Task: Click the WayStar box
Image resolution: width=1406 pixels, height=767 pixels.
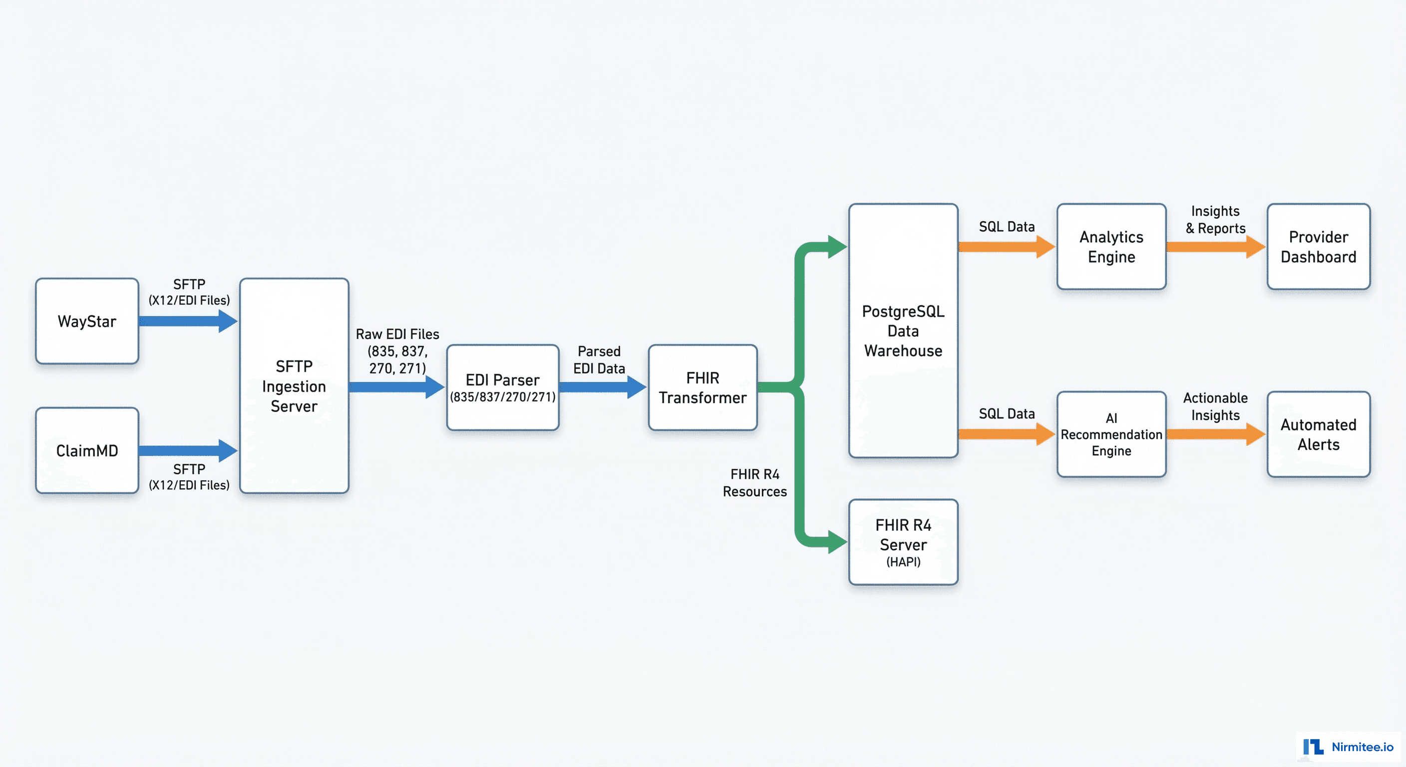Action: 87,321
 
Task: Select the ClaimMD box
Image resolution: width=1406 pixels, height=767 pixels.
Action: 87,450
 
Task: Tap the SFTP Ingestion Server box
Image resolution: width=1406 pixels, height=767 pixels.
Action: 294,386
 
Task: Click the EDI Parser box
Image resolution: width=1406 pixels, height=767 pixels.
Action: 502,387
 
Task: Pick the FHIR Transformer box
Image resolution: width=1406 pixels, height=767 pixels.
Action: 703,387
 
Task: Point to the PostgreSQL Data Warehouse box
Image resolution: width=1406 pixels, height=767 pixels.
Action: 903,331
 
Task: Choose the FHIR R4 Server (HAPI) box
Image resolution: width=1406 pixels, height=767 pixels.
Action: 903,542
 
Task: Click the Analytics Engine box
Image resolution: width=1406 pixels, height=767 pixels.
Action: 1111,247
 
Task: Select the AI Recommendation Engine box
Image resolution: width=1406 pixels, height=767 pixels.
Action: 1111,434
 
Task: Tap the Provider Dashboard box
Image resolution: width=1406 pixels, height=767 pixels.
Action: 1318,247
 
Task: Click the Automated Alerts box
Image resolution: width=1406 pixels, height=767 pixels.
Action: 1318,434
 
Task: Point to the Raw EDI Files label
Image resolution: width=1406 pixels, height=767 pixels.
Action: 397,351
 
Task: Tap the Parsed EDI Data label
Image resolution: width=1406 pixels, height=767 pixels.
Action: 599,359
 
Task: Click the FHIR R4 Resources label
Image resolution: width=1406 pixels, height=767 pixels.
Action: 754,482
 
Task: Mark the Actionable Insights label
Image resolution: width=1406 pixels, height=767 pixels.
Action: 1215,406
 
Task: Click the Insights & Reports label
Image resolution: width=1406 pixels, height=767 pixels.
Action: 1215,219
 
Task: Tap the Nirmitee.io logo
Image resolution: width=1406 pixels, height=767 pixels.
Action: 1348,746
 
